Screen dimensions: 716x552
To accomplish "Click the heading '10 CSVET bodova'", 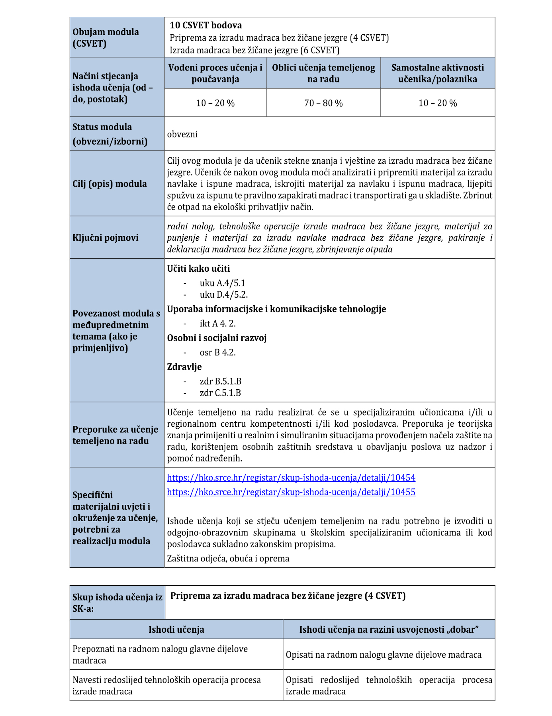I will (x=206, y=25).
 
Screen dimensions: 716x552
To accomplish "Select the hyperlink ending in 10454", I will (x=291, y=477).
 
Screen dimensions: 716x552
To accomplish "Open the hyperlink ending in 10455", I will (x=291, y=492).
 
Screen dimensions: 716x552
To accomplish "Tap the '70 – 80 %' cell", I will (x=323, y=103).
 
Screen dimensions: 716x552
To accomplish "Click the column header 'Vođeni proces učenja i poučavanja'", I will (x=215, y=73).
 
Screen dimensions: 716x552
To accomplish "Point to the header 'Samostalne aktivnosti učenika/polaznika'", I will (x=437, y=73).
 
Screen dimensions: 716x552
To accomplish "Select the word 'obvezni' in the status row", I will (x=182, y=134).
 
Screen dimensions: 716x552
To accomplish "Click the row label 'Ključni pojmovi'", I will (x=106, y=237).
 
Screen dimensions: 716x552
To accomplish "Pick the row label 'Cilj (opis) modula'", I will (x=110, y=184).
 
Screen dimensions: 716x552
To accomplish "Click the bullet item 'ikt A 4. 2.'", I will (x=217, y=324).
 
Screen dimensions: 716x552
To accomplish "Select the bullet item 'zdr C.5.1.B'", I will (x=220, y=393).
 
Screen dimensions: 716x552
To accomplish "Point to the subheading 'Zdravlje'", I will (x=184, y=367).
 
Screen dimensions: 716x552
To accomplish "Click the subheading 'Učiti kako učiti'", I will (x=198, y=269).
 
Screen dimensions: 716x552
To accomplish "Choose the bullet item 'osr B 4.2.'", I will (x=217, y=353).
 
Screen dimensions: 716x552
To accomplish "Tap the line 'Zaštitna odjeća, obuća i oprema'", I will (x=228, y=558).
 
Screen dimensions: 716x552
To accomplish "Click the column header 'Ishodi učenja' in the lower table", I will (x=176, y=630).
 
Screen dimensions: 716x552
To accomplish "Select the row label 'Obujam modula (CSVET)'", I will (x=106, y=37).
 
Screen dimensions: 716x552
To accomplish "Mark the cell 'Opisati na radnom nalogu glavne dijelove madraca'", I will (x=384, y=655).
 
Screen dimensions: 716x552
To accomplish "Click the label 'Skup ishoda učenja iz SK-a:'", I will (x=117, y=602).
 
